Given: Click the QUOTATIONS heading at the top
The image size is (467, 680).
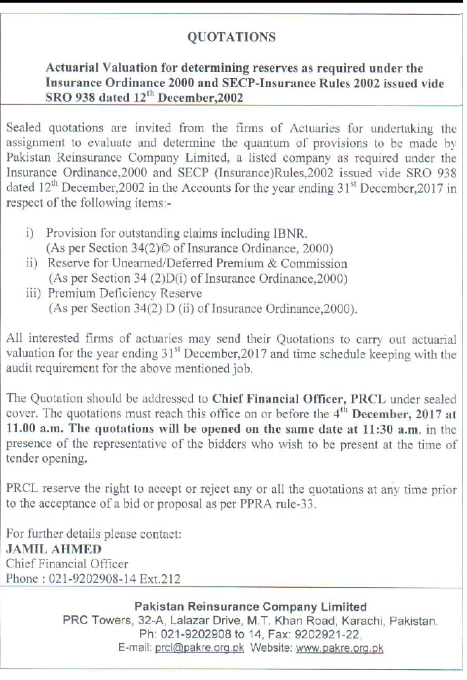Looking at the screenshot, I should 231,38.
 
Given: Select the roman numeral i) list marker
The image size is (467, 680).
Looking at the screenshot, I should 30,233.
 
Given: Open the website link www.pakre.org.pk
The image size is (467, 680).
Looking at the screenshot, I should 340,648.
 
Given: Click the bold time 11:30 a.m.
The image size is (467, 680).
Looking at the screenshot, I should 378,430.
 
